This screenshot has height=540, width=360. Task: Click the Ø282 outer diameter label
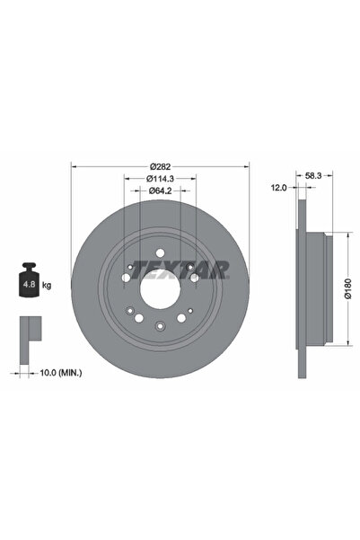click(161, 165)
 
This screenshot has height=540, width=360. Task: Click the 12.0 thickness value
click(278, 188)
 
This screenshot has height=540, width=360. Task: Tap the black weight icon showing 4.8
click(28, 284)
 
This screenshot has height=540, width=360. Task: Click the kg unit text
click(47, 285)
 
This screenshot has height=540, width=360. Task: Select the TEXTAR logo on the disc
click(180, 268)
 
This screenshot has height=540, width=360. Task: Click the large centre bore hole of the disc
click(160, 287)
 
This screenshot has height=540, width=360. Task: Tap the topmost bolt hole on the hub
click(159, 252)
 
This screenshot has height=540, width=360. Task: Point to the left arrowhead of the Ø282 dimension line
click(74, 165)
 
